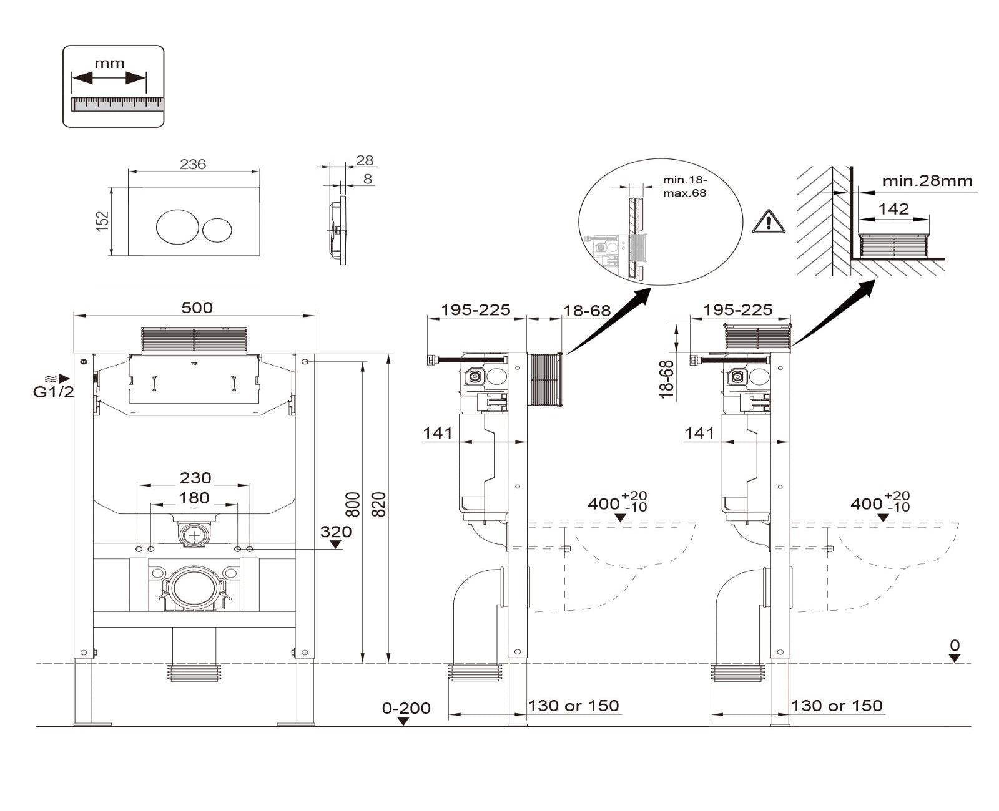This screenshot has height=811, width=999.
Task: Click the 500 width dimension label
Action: pos(197,308)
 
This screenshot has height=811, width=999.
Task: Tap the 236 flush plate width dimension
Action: pos(192,164)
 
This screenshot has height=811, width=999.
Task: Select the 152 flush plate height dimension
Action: pos(103,221)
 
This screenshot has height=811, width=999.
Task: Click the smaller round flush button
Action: pos(217,230)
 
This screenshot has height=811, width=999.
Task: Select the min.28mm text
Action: pos(927,182)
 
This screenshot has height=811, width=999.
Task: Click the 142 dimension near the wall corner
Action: pos(893,209)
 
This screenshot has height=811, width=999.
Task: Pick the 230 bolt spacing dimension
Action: pos(195,478)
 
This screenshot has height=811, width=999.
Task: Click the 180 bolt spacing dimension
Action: pos(194,498)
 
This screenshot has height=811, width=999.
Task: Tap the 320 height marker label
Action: pos(336,532)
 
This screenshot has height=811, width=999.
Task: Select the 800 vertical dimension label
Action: pos(353,504)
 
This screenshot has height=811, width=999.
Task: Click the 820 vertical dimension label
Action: pos(379,504)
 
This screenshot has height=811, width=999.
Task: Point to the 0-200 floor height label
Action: pos(406,708)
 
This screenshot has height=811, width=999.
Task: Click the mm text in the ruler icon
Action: pos(110,64)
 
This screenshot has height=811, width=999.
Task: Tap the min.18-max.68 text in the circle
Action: pos(684,187)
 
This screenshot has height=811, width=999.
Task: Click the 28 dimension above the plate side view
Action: pos(365,160)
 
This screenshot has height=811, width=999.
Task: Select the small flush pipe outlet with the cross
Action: pos(196,535)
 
